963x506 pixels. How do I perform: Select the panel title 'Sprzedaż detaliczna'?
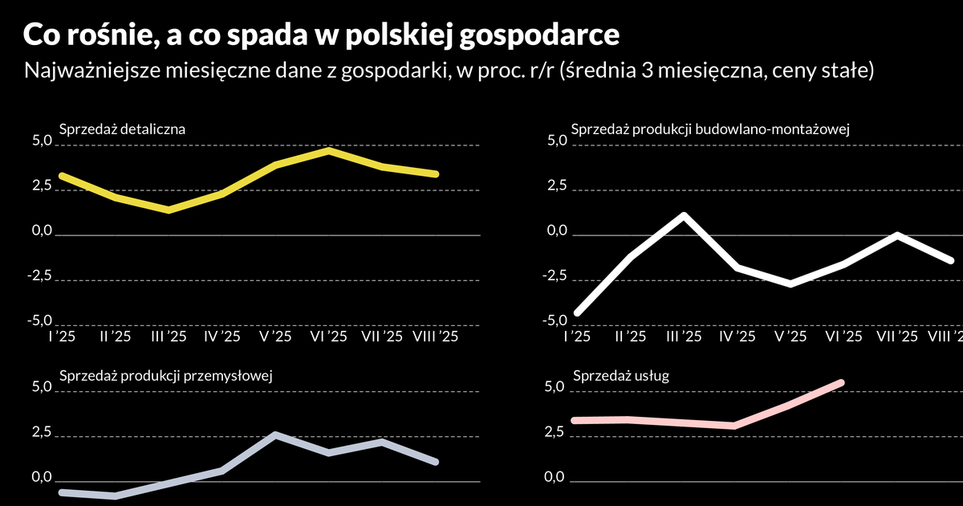[x=123, y=129]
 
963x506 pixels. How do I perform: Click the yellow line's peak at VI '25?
[x=329, y=150]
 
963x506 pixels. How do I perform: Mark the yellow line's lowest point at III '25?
[x=168, y=210]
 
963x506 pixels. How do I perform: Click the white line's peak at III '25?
[x=683, y=215]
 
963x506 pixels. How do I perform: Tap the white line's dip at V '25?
[x=790, y=284]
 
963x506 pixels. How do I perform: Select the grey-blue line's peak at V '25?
[x=275, y=435]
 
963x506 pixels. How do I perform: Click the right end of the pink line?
[x=842, y=382]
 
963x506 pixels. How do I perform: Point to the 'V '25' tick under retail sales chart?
[x=274, y=337]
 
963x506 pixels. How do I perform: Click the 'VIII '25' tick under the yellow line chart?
[x=434, y=337]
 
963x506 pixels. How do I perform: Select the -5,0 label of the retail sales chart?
[x=39, y=321]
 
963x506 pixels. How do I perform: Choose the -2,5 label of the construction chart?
[x=553, y=276]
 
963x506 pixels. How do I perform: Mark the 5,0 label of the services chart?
[x=555, y=388]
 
